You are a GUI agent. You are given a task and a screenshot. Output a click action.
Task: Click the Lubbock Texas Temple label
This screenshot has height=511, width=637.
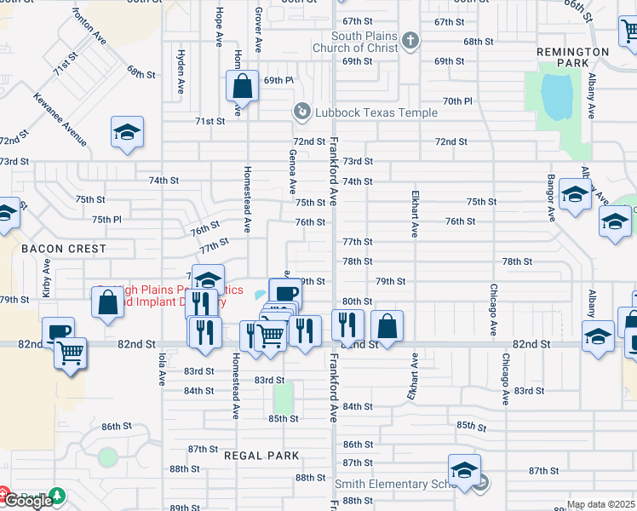[x=376, y=112]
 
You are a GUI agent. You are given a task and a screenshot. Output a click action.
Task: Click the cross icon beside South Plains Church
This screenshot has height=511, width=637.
[x=410, y=40]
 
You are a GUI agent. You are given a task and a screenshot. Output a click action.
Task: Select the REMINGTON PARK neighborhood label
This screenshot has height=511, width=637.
[x=573, y=58]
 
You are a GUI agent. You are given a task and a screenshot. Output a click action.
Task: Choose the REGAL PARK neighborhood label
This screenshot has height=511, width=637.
[x=261, y=456]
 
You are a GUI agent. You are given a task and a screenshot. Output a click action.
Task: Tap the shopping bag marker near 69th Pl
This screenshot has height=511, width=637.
[x=242, y=85]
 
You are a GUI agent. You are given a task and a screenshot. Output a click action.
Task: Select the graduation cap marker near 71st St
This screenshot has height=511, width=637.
[x=127, y=132]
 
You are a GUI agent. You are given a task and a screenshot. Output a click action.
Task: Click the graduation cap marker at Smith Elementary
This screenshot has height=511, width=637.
[x=464, y=470]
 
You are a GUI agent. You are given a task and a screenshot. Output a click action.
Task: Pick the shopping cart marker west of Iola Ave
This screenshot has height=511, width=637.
[x=70, y=351]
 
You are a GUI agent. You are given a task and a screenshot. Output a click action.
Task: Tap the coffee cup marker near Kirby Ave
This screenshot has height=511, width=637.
[x=58, y=332]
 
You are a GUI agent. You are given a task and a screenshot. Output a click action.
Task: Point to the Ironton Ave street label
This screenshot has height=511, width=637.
[x=89, y=26]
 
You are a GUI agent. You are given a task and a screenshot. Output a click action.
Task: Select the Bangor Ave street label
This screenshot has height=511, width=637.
[x=551, y=198]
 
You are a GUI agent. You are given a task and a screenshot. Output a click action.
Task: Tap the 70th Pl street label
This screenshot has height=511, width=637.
[x=457, y=100]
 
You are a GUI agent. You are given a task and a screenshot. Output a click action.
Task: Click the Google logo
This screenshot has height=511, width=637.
[x=27, y=501]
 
